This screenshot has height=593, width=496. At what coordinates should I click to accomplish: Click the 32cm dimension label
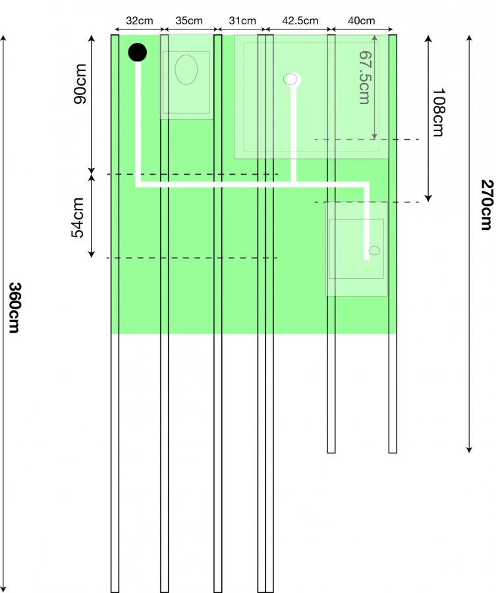[140, 20]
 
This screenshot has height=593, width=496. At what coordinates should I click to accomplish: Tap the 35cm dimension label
[189, 20]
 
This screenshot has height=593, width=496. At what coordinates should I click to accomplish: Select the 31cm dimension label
[242, 20]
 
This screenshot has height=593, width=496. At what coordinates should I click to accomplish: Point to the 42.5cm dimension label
[300, 20]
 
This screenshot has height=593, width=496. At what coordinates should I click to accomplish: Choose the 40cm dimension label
[362, 20]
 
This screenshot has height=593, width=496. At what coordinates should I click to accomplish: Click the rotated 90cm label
[80, 84]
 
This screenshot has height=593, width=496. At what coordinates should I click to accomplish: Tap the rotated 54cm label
[78, 217]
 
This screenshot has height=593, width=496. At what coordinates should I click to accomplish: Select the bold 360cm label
[14, 307]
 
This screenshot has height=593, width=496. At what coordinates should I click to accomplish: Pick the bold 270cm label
[487, 205]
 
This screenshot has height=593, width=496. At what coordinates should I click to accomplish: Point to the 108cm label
[439, 112]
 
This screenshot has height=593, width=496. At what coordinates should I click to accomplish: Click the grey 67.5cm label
[364, 78]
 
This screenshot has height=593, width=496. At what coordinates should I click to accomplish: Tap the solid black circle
[138, 52]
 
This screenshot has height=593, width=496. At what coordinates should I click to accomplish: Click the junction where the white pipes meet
[293, 184]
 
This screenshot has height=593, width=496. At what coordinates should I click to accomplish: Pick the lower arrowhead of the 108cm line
[428, 198]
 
